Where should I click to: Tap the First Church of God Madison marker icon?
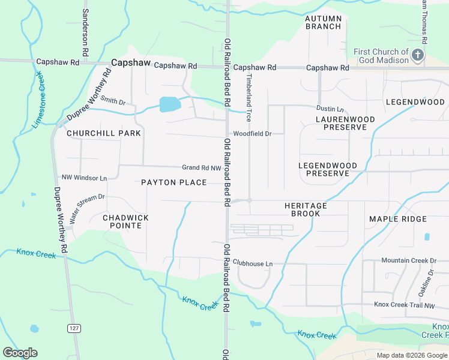pyautogui.click(x=418, y=56)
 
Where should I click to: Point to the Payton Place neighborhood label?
pyautogui.click(x=173, y=182)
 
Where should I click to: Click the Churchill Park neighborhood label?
pyautogui.click(x=104, y=133)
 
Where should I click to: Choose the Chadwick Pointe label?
pyautogui.click(x=125, y=221)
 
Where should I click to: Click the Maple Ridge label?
pyautogui.click(x=398, y=219)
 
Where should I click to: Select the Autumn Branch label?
pyautogui.click(x=323, y=22)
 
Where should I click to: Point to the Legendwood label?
pyautogui.click(x=415, y=102)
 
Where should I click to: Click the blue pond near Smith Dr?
pyautogui.click(x=170, y=104)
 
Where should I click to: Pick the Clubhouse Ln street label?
pyautogui.click(x=253, y=263)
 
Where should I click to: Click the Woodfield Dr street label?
pyautogui.click(x=258, y=133)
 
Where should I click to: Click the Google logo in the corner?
pyautogui.click(x=20, y=353)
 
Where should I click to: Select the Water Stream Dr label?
pyautogui.click(x=88, y=208)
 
